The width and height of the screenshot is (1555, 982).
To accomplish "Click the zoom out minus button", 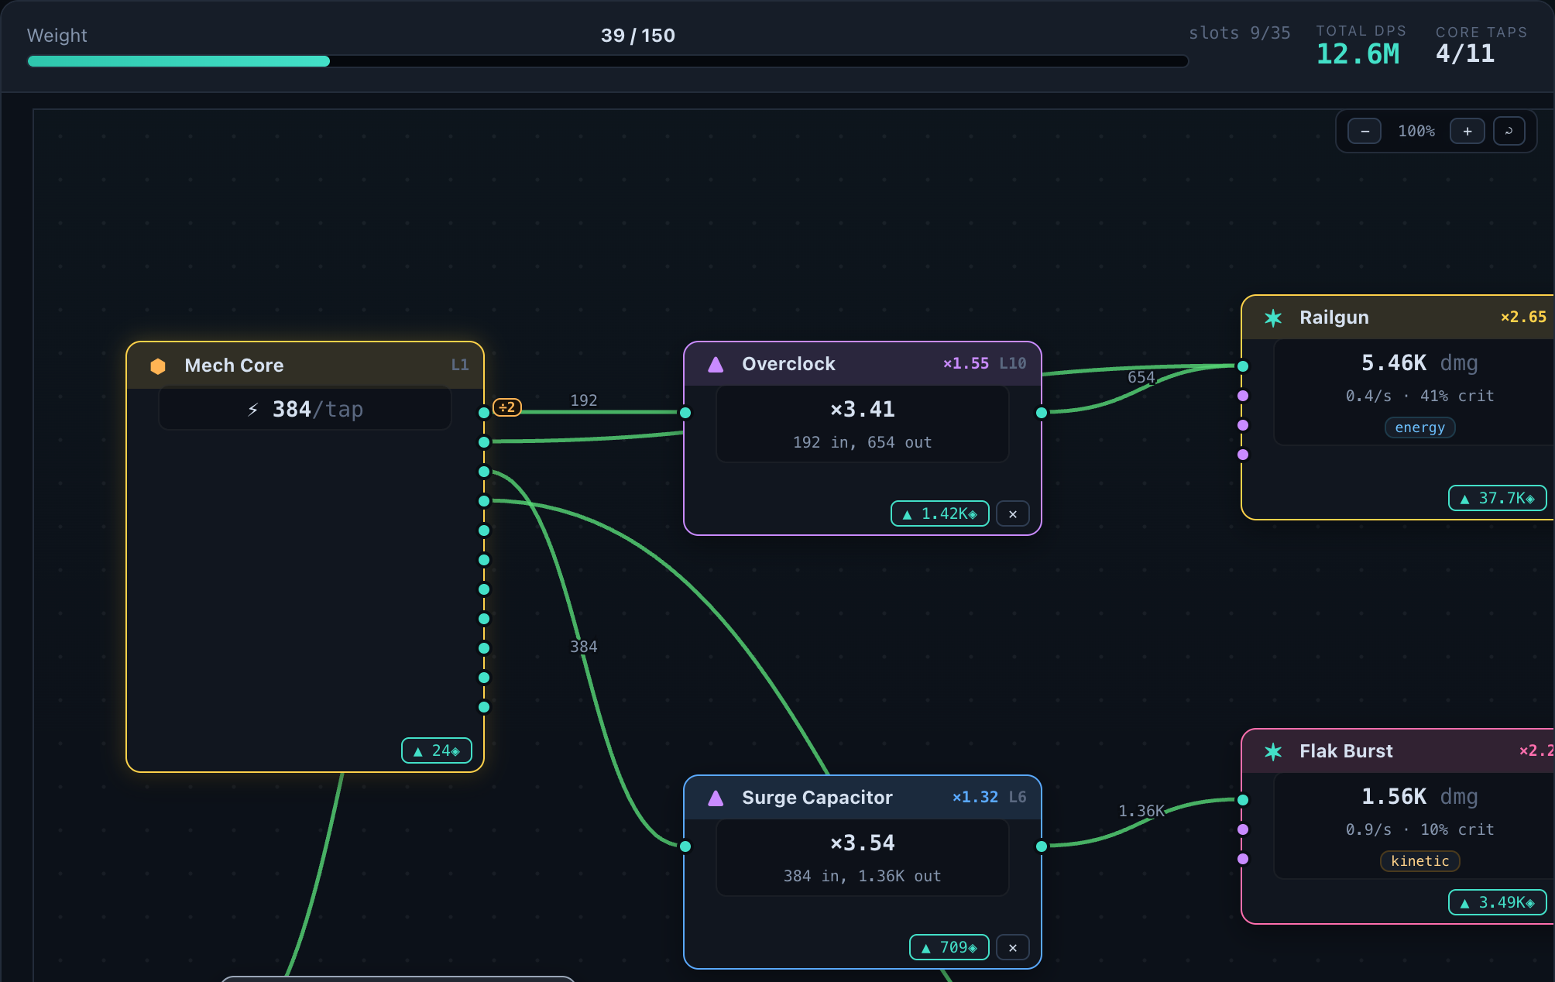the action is tap(1364, 131).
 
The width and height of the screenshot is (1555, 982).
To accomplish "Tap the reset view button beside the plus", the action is tap(1509, 131).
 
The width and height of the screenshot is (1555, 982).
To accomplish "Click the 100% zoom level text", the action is tap(1416, 131).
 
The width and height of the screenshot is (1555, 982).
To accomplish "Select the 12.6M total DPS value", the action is tap(1358, 53).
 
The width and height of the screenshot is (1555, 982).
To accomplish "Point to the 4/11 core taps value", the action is tap(1465, 53).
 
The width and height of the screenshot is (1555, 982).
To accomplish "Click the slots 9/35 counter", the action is tap(1240, 33).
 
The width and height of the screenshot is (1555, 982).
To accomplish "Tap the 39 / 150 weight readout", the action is tap(638, 36).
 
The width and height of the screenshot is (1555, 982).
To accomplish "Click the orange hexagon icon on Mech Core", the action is tap(158, 366).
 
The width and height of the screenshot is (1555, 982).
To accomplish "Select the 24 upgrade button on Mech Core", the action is tap(437, 750).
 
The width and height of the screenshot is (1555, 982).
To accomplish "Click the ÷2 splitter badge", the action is tap(507, 407).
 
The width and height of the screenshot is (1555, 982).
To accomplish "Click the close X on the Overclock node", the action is tap(1013, 513).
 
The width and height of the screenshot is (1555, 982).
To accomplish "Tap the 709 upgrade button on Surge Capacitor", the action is tap(949, 947).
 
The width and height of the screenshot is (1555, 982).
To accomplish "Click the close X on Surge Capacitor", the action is tap(1013, 947).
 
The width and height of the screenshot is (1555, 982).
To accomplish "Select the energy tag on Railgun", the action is tap(1420, 427).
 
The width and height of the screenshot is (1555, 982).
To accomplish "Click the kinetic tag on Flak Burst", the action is tap(1420, 861).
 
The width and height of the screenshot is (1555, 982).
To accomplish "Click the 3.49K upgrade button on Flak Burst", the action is tap(1498, 902).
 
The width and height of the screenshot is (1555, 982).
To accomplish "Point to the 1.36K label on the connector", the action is tap(1141, 811).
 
